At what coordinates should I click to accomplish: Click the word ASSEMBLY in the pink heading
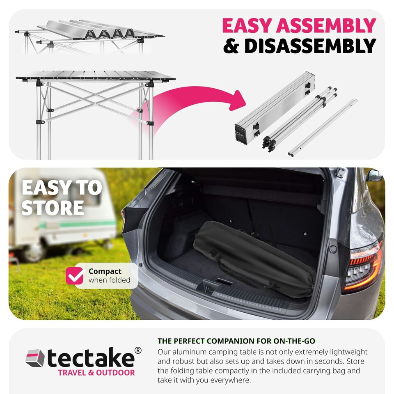[326, 25]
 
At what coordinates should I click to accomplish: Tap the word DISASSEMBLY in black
[310, 46]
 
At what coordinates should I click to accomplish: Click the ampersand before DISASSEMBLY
[231, 46]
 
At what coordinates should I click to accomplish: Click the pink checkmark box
[75, 275]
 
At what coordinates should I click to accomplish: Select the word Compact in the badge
[105, 271]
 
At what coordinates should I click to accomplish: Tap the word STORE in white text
[53, 208]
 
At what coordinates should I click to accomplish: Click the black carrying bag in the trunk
[254, 258]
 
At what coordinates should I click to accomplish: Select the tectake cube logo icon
[35, 358]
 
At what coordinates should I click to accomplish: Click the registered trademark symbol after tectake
[138, 350]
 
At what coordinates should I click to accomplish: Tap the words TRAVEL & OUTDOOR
[96, 373]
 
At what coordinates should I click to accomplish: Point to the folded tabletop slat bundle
[275, 108]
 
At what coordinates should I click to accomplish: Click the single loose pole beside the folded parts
[323, 128]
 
